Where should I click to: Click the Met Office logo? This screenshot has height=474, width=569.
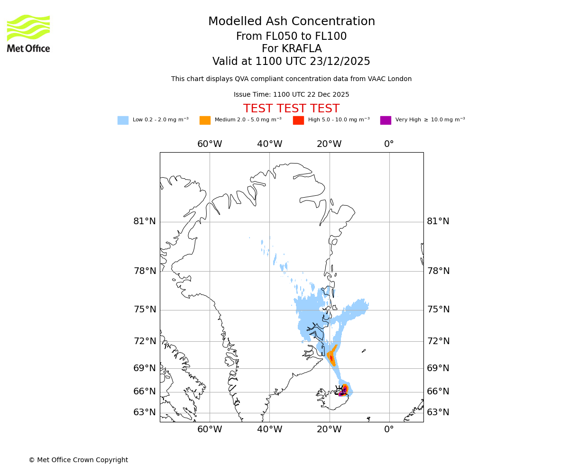pos(28,33)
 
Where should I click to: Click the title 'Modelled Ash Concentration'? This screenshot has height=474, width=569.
pos(292,22)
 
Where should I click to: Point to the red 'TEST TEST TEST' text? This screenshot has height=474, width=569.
pos(292,109)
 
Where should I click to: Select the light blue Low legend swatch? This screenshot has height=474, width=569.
pos(123,120)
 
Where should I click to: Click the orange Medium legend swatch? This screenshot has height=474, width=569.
pos(205,120)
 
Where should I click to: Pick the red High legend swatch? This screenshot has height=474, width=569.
pos(298,120)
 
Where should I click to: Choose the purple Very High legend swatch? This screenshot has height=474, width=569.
pos(385,120)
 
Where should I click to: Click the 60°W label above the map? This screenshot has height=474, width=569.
pos(210,144)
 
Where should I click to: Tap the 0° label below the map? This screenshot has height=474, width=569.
pos(389,429)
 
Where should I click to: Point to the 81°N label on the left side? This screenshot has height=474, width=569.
pos(145,221)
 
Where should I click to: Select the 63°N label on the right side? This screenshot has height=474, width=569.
pos(438,412)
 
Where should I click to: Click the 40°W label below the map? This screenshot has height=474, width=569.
pos(269,429)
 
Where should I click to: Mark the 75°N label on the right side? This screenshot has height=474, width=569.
pos(438,310)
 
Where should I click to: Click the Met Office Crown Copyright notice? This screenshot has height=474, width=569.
pos(78,460)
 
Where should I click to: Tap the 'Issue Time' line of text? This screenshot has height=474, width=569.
pos(292,95)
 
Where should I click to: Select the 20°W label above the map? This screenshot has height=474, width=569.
pos(329,144)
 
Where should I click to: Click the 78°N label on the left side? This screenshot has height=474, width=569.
pos(145,271)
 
